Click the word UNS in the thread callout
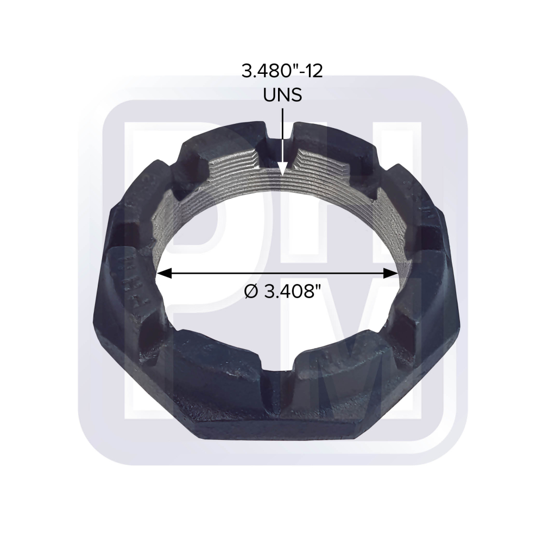click(282, 95)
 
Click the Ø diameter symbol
click(252, 292)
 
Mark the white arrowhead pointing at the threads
click(282, 170)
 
